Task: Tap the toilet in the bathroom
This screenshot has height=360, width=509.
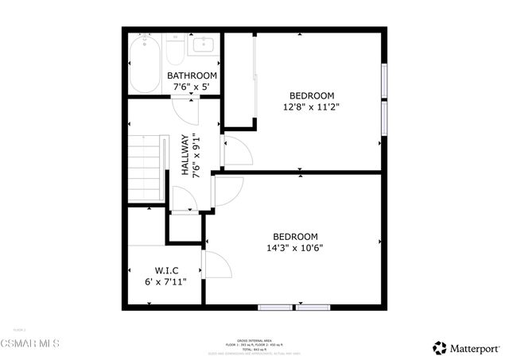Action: pyautogui.click(x=174, y=52)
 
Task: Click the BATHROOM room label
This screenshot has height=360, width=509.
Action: pyautogui.click(x=192, y=76)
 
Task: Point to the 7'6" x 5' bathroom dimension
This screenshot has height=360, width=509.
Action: pyautogui.click(x=192, y=87)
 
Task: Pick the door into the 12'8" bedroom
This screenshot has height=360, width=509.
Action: pyautogui.click(x=236, y=151)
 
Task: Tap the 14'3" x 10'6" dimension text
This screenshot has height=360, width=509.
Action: pyautogui.click(x=295, y=247)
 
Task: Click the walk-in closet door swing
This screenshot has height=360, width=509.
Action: pyautogui.click(x=215, y=264)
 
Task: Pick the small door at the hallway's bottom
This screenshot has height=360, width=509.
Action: pyautogui.click(x=184, y=201)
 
